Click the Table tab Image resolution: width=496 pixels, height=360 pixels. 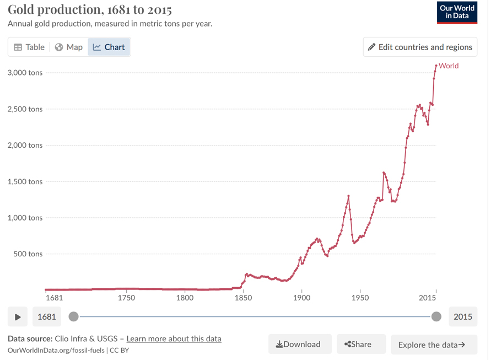pos(29,47)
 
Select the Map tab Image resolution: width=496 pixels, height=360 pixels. pos(69,47)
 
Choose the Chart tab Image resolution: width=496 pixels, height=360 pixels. pos(109,47)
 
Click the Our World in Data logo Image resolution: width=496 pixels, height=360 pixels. pos(457,12)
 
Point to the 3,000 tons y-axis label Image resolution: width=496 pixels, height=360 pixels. pos(25,73)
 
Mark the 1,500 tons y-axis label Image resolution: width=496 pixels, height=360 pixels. pos(25,181)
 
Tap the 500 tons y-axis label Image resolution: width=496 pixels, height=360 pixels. pos(28,254)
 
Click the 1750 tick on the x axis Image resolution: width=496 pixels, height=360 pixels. pos(126,298)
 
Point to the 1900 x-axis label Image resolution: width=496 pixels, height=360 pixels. pos(301,298)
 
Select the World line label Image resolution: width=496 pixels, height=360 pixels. pos(449,66)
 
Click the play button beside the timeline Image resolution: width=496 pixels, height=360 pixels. pos(18,317)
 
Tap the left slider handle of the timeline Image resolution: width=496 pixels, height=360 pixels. pos(73,316)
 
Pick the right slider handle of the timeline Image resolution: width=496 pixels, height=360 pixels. pos(436,316)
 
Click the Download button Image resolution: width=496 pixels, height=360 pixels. pos(300,344)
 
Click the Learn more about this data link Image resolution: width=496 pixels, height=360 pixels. pos(174,338)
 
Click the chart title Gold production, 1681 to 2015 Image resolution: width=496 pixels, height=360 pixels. pos(90,10)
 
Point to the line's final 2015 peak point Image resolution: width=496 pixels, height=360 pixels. pos(436,66)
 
